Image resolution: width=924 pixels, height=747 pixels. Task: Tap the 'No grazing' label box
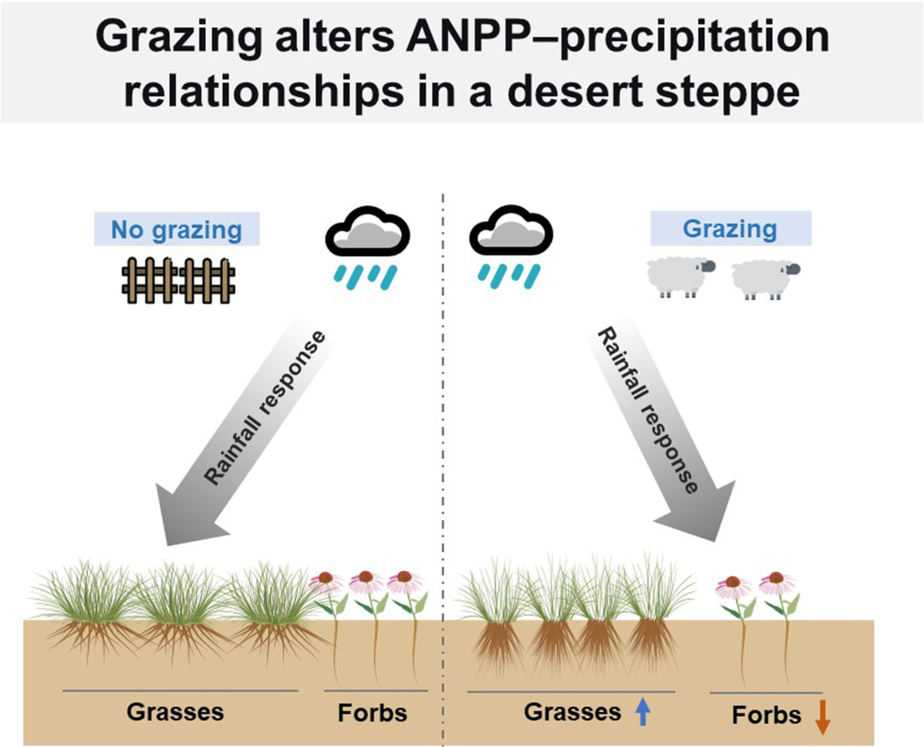pos(177,229)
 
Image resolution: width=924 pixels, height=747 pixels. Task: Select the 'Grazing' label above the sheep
pos(731,228)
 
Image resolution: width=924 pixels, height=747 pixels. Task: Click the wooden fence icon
pos(178,280)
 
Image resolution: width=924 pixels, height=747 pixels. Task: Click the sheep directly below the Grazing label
pos(680,277)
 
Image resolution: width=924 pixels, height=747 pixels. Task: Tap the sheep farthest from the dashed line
pos(765,280)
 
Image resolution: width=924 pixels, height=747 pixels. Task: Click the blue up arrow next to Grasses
pos(643,712)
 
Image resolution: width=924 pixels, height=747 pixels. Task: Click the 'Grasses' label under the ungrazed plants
pos(175,712)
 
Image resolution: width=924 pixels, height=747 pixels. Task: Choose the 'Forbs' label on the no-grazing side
pos(372,713)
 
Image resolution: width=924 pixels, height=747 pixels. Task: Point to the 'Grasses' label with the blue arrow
pos(572,712)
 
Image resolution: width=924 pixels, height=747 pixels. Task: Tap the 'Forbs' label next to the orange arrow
pos(766,715)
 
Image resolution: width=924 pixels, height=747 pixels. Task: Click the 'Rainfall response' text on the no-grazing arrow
pos(264,407)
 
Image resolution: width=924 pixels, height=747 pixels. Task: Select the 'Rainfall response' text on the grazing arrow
pos(647,411)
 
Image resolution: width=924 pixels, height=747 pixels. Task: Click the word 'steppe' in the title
pos(728,93)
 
